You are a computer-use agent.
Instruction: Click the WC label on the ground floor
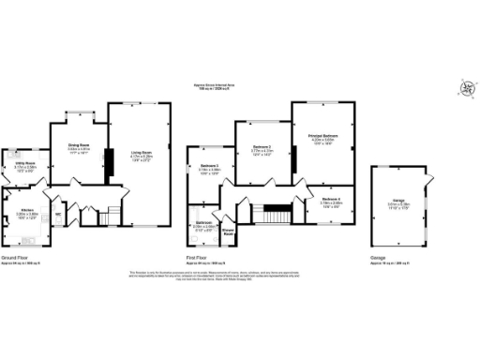click(x=58, y=213)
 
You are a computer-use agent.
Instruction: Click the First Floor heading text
click(x=198, y=256)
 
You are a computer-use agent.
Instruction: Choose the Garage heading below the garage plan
click(x=378, y=256)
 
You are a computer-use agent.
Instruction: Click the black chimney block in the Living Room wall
click(x=106, y=164)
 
